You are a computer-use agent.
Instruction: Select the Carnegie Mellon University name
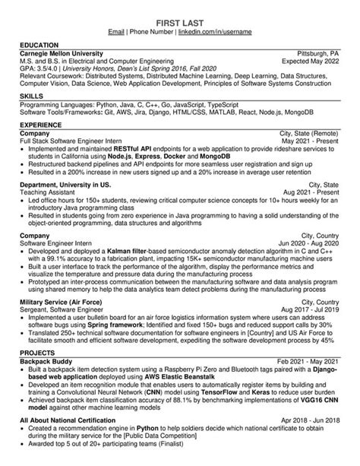pyautogui.click(x=63, y=55)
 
